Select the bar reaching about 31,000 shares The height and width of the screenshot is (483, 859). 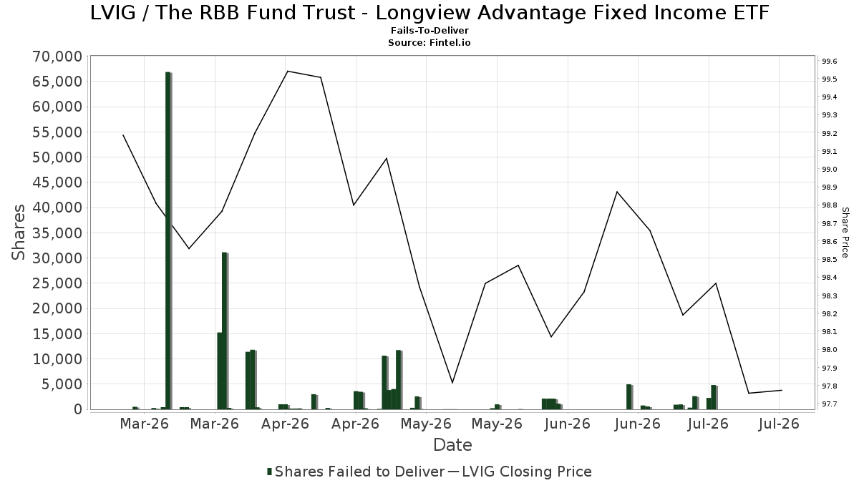[225, 331]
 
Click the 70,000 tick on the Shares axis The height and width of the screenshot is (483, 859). [57, 57]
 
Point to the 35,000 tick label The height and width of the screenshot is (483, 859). [57, 233]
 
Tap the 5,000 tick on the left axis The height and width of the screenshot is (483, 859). [62, 384]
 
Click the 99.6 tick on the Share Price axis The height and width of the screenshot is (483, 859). [829, 62]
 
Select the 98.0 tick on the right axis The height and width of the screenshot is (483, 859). [829, 350]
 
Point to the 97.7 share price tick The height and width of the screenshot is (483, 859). [829, 404]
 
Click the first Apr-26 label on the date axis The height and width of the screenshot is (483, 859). [285, 424]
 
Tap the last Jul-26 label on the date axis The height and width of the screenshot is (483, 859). [779, 424]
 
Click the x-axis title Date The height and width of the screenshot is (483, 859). [452, 445]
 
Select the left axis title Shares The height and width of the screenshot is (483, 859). [18, 233]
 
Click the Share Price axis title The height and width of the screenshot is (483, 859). [845, 233]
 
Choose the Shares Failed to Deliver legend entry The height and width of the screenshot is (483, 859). [356, 472]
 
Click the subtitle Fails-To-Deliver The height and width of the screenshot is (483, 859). [429, 30]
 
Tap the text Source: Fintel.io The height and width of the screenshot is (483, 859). [429, 42]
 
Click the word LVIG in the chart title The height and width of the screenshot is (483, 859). [113, 13]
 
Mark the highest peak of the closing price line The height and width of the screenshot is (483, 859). [288, 72]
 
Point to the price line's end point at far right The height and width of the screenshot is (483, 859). [782, 390]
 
